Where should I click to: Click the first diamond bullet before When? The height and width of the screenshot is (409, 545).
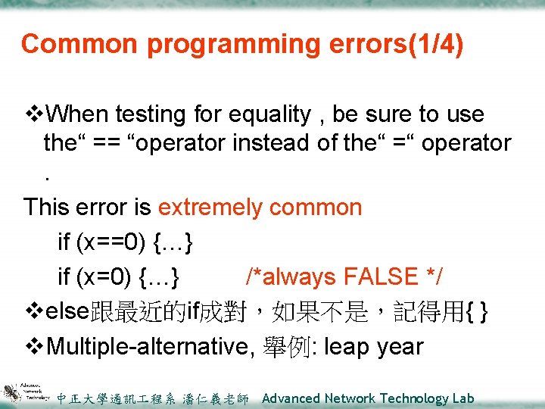tap(34, 114)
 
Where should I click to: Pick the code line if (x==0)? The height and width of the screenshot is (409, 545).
tap(126, 242)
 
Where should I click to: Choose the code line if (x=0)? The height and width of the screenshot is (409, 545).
tap(119, 277)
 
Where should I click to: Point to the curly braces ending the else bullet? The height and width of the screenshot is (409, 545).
tap(478, 312)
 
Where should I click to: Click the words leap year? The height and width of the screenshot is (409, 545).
tap(374, 347)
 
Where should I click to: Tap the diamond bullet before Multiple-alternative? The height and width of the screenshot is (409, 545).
tap(34, 347)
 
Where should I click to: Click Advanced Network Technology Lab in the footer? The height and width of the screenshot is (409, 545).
tap(368, 398)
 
